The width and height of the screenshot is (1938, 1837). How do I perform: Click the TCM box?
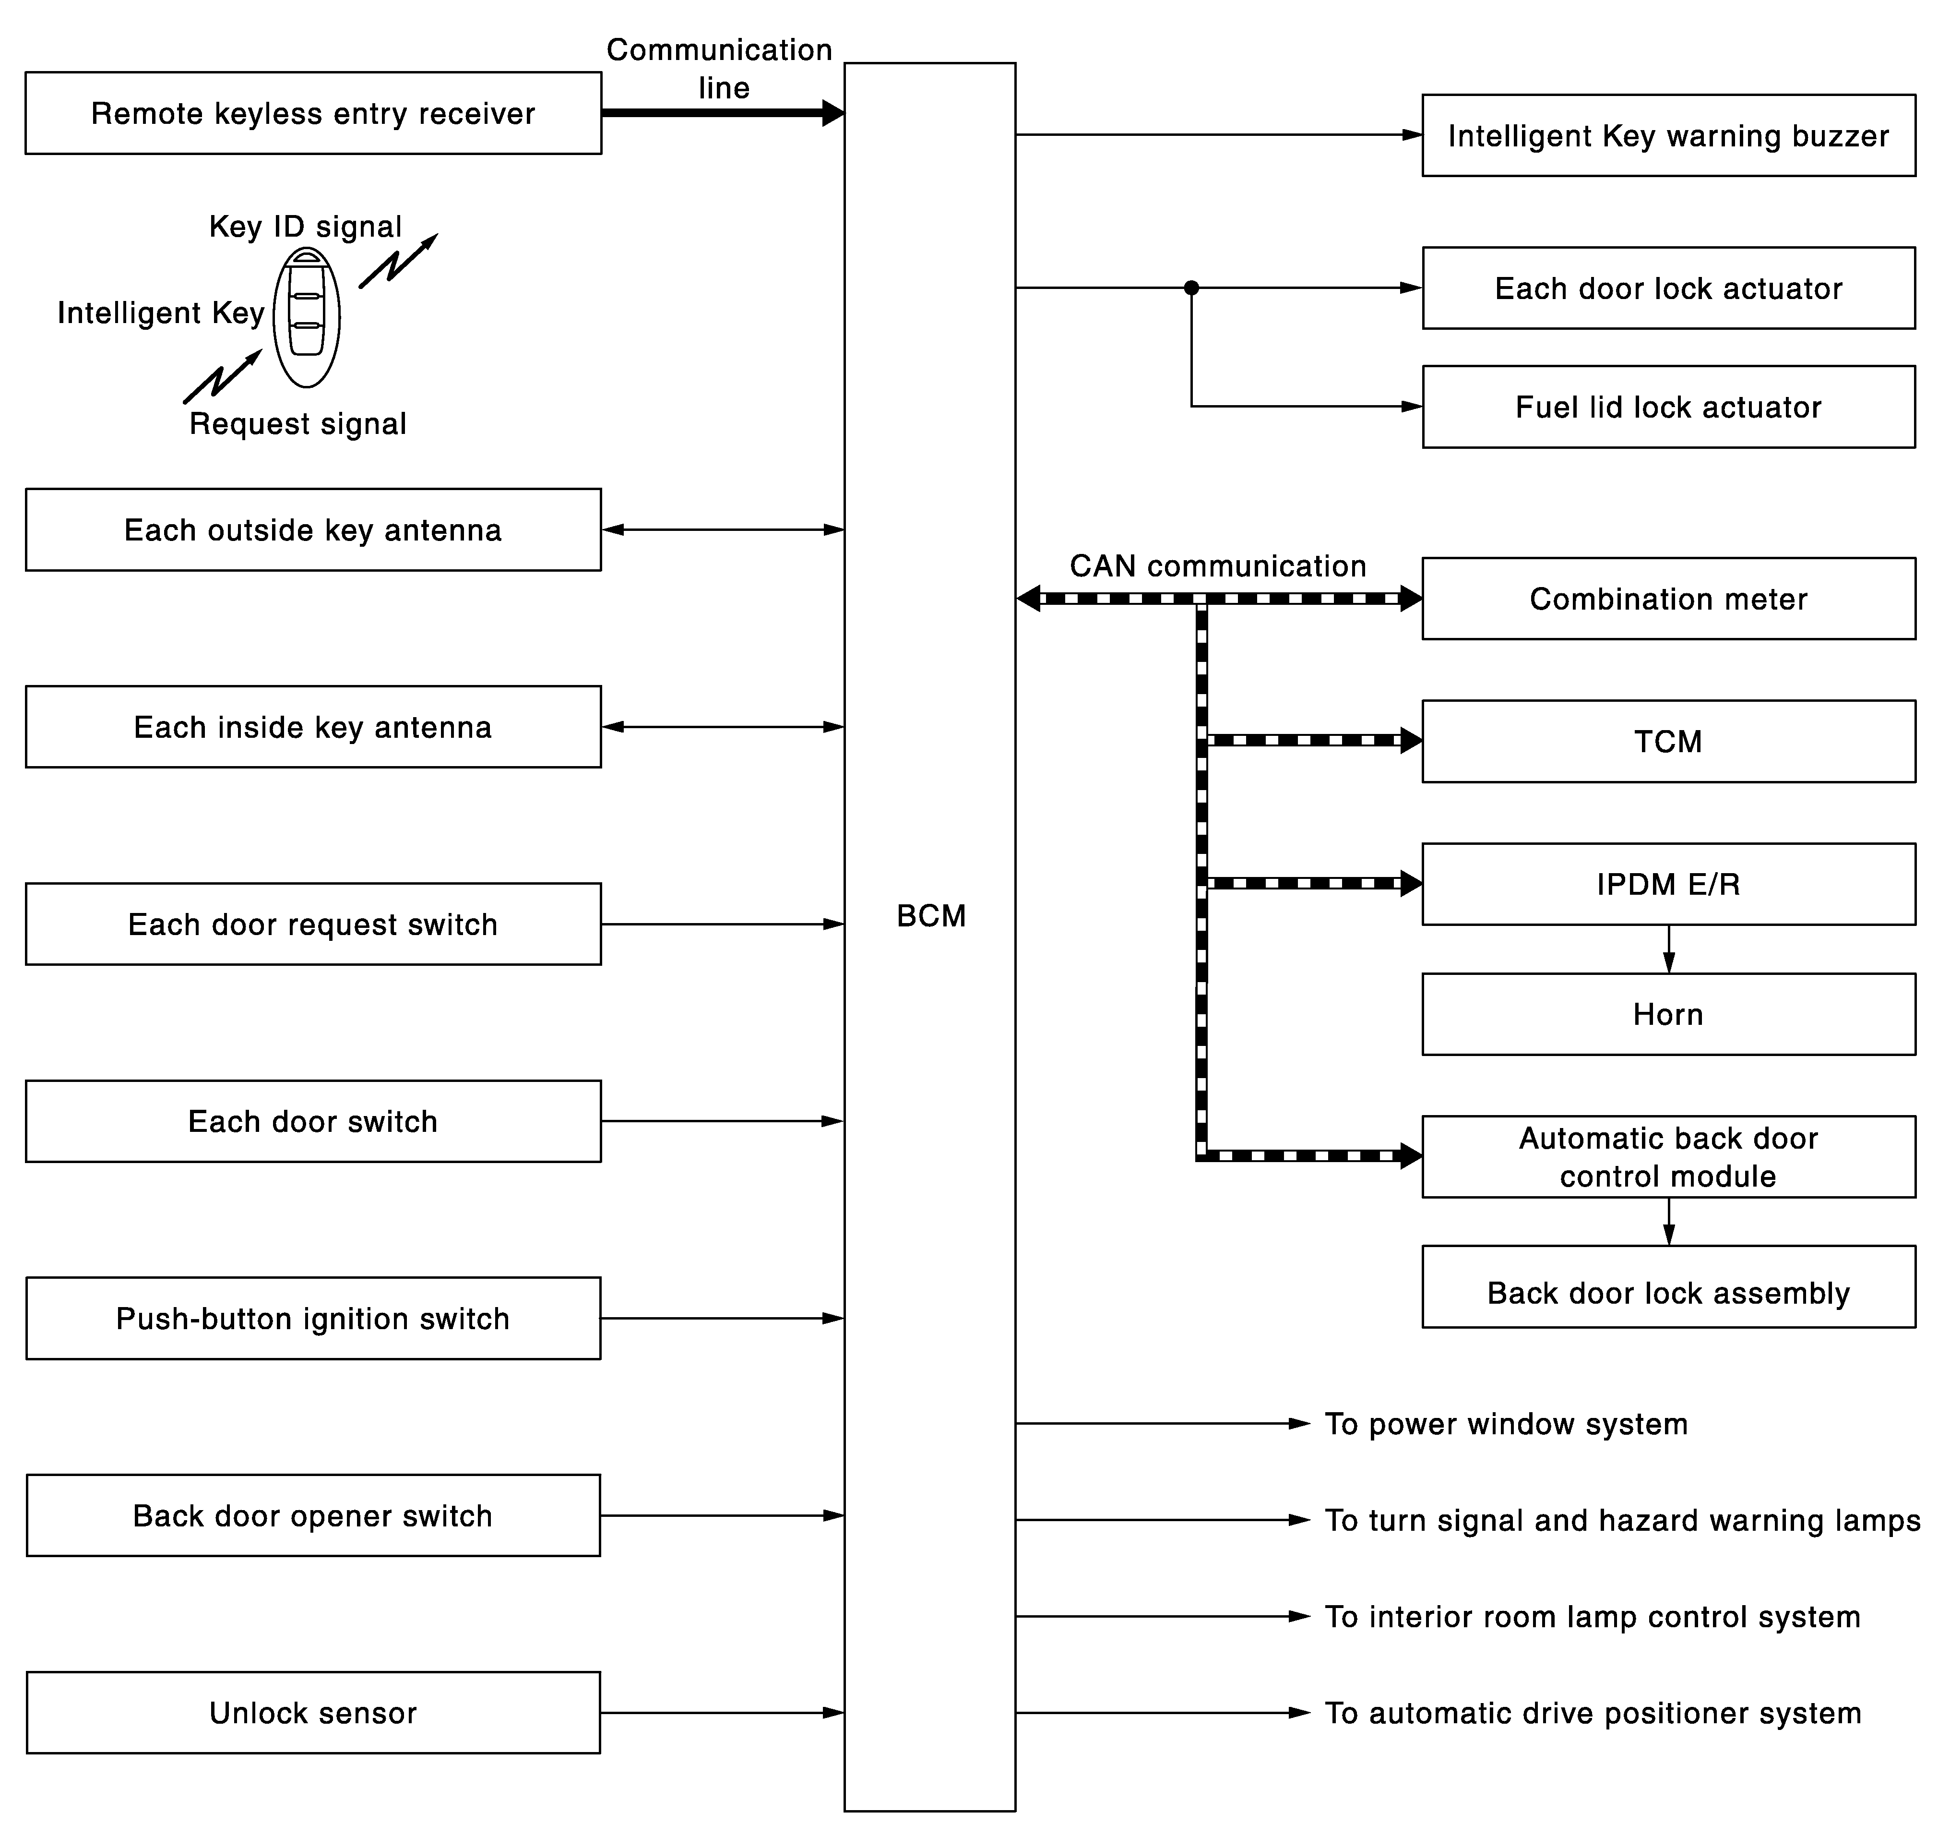tap(1668, 741)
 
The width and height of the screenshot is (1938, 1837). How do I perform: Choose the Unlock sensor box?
tap(313, 1713)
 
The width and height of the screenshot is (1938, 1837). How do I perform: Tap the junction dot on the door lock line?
tap(1191, 288)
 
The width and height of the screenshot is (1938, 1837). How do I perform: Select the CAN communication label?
tap(1218, 566)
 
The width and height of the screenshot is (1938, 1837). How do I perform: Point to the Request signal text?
tap(297, 424)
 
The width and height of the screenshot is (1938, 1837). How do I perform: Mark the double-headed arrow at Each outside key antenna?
tap(722, 530)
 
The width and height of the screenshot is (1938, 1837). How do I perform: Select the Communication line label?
tap(720, 69)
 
